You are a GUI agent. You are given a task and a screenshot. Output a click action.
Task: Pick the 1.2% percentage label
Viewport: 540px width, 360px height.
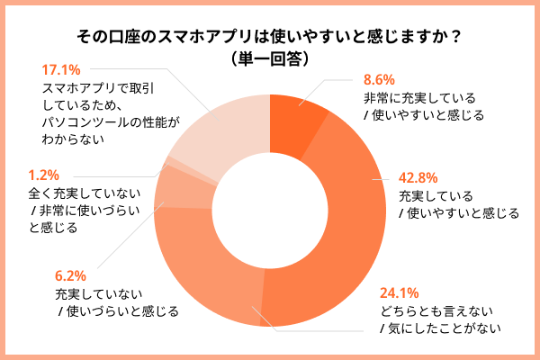point(44,175)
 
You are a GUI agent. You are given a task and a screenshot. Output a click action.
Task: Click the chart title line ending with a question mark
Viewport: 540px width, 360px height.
point(270,37)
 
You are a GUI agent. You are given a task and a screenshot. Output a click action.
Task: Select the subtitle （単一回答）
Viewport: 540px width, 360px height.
point(270,58)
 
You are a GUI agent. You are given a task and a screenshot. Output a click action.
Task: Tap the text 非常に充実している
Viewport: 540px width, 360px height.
point(418,97)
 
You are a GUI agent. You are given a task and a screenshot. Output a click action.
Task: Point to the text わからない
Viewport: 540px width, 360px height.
point(74,139)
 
